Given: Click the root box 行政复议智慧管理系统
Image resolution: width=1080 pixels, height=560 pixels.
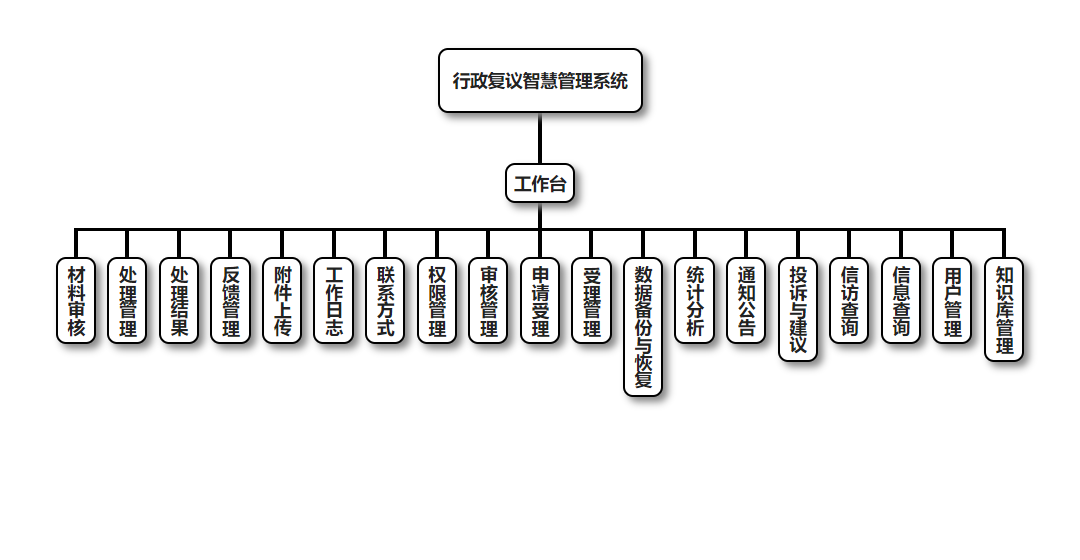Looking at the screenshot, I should point(540,81).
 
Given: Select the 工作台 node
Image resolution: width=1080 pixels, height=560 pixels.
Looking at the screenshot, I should point(540,184).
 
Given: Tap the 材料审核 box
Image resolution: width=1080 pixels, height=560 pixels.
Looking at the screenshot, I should point(76,301).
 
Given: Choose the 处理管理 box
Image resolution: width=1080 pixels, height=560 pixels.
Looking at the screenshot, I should point(128,301).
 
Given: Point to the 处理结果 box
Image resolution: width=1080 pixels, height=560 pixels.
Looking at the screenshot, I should point(179,301).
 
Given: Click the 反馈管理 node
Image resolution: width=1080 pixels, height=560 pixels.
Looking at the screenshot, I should point(231,301).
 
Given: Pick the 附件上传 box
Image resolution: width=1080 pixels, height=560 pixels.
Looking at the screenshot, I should point(283,301).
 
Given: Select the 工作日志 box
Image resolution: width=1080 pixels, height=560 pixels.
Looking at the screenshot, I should point(334,301).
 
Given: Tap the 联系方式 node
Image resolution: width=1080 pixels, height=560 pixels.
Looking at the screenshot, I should point(386,301).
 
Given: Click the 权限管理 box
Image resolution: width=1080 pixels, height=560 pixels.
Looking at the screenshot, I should point(437,301).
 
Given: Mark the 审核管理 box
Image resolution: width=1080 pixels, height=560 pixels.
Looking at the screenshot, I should point(489,301).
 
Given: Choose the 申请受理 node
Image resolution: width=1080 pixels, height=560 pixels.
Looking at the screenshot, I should point(540,301).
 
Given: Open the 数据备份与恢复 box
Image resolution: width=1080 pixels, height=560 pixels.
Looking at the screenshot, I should point(643,327).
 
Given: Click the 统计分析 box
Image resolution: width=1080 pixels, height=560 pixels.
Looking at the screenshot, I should point(695,301).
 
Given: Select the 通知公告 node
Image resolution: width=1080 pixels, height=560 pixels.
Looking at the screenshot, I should point(746,301).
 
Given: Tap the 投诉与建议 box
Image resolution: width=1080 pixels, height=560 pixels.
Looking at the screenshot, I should point(798,310).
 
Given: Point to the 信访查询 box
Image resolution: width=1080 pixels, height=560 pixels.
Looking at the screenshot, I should point(850,301).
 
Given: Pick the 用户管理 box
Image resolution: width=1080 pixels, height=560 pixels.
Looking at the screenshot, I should point(953,301).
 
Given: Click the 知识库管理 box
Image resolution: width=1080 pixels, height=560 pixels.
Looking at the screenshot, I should point(1004,310).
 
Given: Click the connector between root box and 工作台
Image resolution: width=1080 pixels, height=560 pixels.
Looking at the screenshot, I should point(540,138).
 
